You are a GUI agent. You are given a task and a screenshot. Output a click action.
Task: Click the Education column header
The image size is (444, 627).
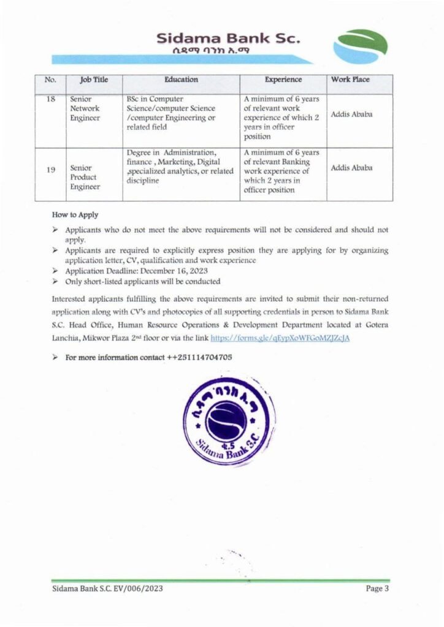pos(181,80)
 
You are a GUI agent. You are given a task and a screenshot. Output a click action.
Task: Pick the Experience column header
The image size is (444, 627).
pos(283,80)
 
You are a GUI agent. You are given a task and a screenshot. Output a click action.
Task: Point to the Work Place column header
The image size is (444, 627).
pos(350,80)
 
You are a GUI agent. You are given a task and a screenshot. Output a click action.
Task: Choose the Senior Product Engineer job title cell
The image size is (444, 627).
pos(85,177)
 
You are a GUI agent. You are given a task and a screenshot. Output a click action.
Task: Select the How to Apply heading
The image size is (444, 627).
pos(75,216)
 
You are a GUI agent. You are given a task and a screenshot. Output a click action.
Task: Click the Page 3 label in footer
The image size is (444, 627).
pos(378,589)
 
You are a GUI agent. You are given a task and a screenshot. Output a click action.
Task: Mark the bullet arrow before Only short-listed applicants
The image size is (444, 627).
pos(55,282)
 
